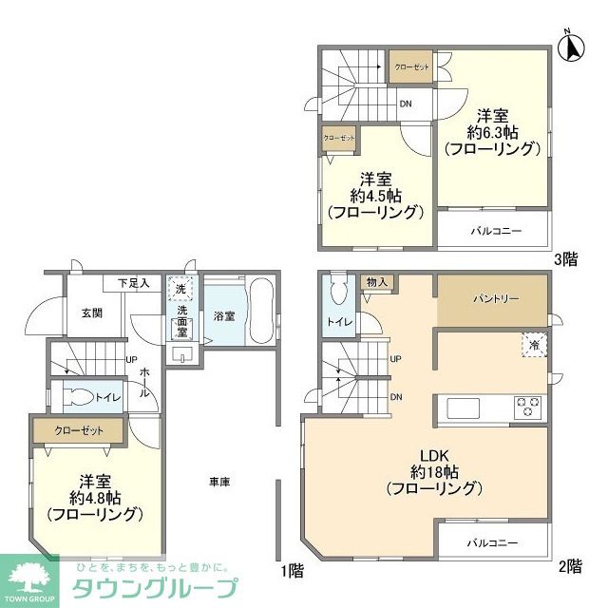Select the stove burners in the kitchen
(x=527, y=408)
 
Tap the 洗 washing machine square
(x=180, y=288)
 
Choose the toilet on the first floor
(x=78, y=396)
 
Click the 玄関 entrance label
(x=91, y=313)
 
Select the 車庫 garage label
(x=219, y=482)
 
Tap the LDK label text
(x=423, y=454)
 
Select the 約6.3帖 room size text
(x=491, y=130)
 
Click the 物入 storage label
(x=376, y=283)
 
